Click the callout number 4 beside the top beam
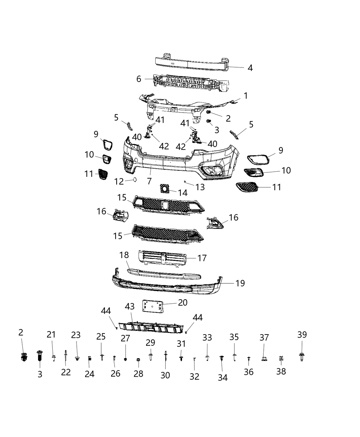tap(250, 68)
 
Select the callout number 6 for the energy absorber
tap(139, 79)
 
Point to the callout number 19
tap(240, 283)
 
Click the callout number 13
tap(200, 187)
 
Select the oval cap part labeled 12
tap(135, 179)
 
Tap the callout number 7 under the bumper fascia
tap(149, 181)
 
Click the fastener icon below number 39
tap(301, 357)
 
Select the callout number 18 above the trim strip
tap(124, 255)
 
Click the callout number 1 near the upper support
tap(246, 95)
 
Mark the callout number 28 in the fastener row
tap(138, 374)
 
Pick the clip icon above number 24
tap(89, 359)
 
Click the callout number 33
tap(207, 338)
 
